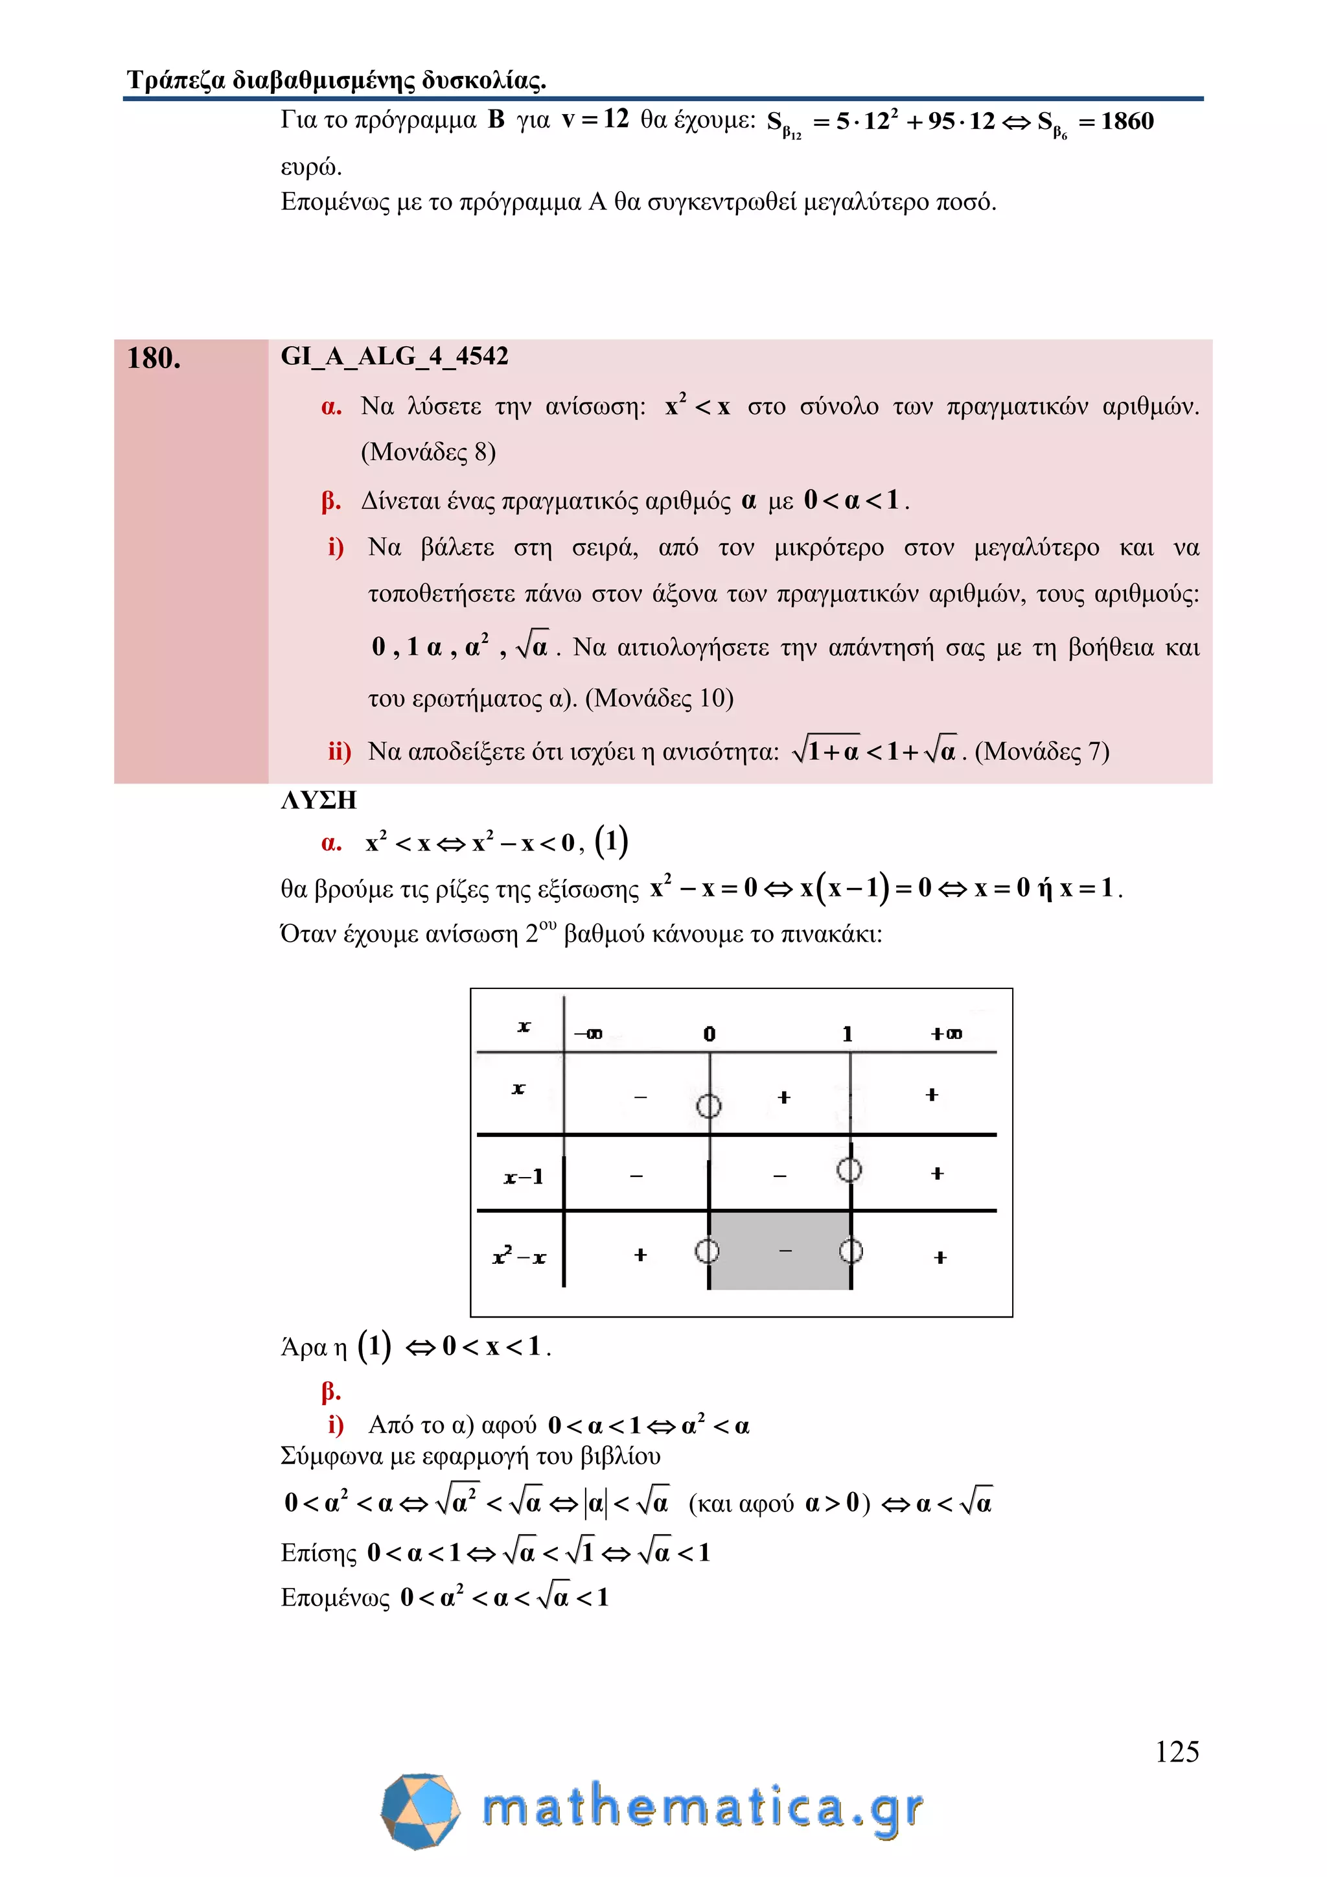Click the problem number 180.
(154, 358)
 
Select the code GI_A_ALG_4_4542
(395, 356)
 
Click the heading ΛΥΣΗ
(319, 800)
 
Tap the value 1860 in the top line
(1127, 121)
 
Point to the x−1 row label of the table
(523, 1177)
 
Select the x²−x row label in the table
(519, 1257)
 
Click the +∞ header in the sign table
(946, 1034)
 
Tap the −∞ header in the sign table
(588, 1034)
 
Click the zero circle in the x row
(708, 1106)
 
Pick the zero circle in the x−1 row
(850, 1170)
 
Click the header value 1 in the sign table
(848, 1034)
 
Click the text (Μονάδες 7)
(1042, 751)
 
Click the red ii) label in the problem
(339, 751)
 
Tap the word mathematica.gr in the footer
(703, 1808)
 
